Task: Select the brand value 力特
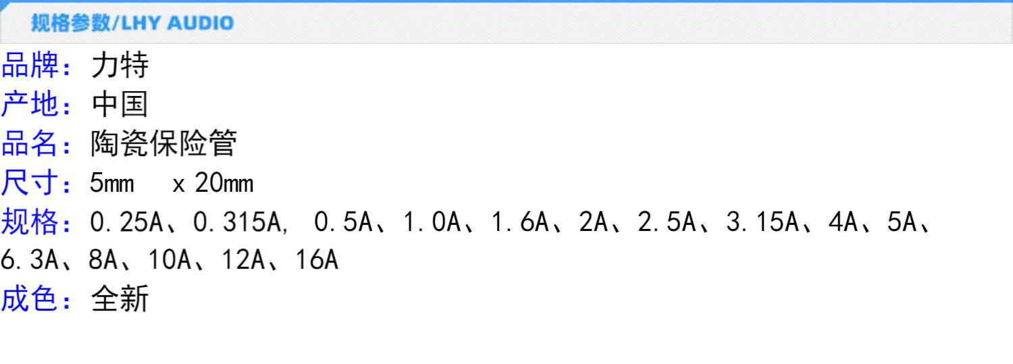point(120,66)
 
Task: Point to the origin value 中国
point(120,105)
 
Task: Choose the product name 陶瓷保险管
point(163,144)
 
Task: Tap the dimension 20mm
point(224,183)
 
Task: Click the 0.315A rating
point(240,222)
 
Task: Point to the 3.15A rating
point(762,222)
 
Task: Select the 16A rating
point(316,261)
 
